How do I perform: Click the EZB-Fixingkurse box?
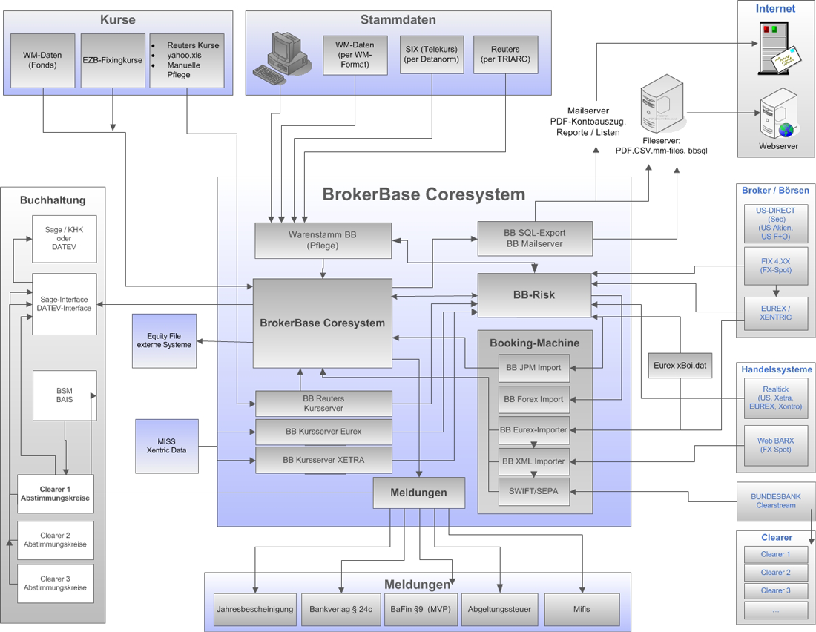point(113,60)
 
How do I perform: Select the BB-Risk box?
point(534,294)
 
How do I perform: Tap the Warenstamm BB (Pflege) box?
point(323,240)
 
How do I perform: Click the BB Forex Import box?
point(533,399)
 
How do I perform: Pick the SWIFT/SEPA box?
point(533,490)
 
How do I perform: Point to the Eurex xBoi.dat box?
point(680,365)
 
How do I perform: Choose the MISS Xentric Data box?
point(167,446)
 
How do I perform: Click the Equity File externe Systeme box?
point(164,340)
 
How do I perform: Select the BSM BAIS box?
point(65,395)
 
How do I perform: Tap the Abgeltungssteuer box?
point(499,609)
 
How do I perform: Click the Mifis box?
point(582,609)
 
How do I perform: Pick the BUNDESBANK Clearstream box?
point(774,501)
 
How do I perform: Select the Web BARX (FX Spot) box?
point(775,445)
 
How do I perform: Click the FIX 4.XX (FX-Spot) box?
point(775,266)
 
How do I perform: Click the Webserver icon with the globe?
point(778,115)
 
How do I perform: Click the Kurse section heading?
point(119,19)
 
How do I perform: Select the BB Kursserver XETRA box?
point(323,460)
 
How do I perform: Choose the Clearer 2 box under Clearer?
point(775,573)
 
